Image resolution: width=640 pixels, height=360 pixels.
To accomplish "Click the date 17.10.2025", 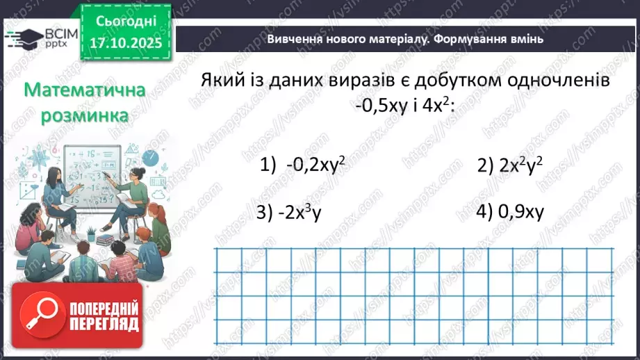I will point(126,43).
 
